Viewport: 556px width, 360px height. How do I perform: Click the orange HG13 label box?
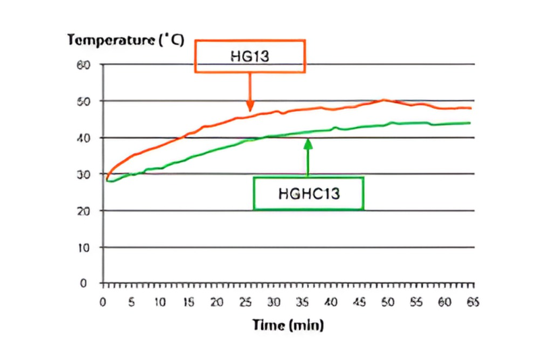(250, 56)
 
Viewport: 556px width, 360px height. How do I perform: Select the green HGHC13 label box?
(308, 193)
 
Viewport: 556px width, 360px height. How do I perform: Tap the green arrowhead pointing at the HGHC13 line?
(308, 142)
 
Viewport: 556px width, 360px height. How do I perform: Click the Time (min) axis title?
(288, 325)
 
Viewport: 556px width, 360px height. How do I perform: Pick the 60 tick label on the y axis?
(84, 65)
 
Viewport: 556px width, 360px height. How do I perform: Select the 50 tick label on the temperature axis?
(84, 101)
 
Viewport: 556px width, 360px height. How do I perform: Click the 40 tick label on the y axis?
(84, 138)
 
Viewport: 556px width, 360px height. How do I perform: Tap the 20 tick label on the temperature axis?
(84, 210)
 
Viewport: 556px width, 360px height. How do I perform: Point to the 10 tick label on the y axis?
(84, 247)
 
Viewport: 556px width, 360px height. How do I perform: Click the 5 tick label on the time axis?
(132, 303)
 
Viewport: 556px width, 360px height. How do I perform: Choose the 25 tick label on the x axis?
(245, 303)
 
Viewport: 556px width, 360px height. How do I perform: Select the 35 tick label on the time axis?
(302, 303)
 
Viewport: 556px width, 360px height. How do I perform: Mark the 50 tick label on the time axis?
(387, 303)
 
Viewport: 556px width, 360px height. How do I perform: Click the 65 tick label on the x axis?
(472, 303)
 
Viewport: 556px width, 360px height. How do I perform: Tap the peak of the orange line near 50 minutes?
(384, 100)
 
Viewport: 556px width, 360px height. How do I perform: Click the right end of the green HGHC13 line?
(470, 123)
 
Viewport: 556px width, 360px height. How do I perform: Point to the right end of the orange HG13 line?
(470, 108)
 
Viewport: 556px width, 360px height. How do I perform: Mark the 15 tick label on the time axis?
(188, 303)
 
